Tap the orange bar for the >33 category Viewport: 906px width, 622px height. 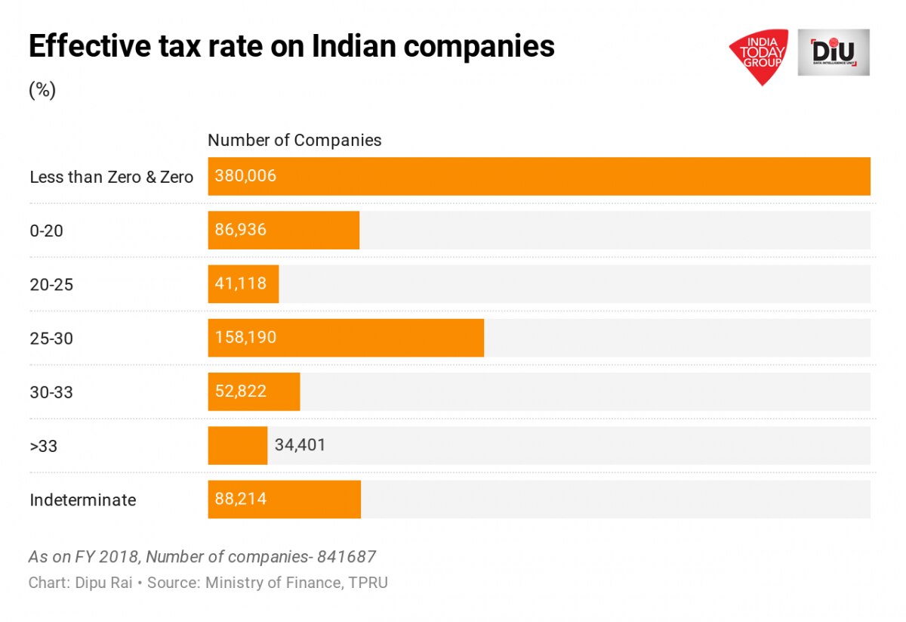(x=237, y=446)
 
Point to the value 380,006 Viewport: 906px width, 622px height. (x=245, y=177)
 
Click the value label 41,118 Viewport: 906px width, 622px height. (x=240, y=284)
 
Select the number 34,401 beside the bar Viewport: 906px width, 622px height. (x=300, y=445)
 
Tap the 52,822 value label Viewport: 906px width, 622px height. (x=240, y=391)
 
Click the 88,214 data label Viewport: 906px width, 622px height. (x=240, y=500)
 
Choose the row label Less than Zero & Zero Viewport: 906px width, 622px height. (x=111, y=178)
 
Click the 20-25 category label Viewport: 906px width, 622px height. (x=51, y=285)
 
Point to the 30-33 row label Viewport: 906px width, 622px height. (x=51, y=392)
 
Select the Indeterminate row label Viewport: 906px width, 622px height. (x=82, y=500)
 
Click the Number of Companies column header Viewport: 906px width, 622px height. (x=294, y=141)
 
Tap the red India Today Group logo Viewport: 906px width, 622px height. (x=758, y=55)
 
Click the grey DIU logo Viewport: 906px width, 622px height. (x=834, y=53)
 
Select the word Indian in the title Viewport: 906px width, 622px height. (x=355, y=47)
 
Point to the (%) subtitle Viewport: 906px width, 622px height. (x=42, y=91)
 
